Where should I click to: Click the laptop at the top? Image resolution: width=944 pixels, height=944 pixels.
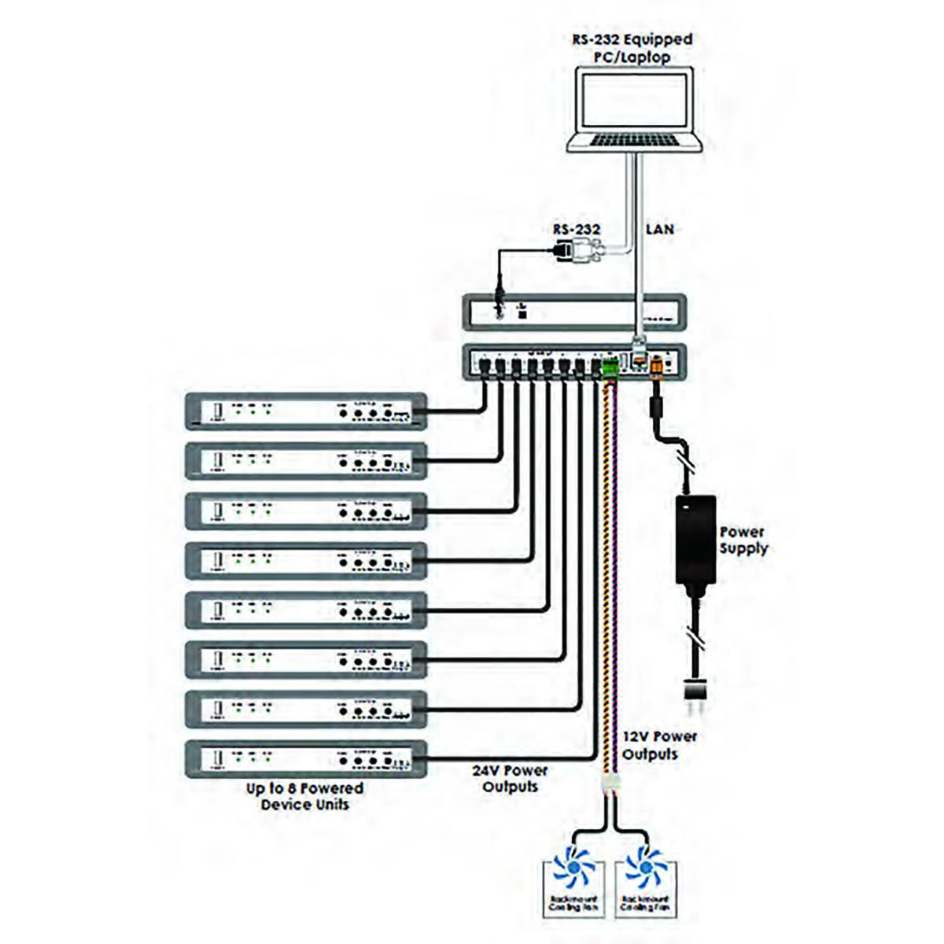click(633, 109)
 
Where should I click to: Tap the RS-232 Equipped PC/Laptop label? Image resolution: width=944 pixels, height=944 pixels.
click(632, 48)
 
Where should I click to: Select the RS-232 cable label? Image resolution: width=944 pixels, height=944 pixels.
click(576, 229)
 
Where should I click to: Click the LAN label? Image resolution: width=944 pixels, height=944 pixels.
click(659, 229)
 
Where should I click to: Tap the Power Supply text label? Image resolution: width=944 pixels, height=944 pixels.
click(743, 540)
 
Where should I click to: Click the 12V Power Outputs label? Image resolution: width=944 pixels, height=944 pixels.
click(658, 745)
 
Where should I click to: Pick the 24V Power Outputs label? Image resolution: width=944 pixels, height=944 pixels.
click(511, 778)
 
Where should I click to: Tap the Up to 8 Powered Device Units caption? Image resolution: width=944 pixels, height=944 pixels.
click(304, 796)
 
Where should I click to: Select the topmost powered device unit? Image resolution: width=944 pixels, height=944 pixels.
click(306, 411)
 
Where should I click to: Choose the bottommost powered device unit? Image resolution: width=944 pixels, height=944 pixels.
click(306, 759)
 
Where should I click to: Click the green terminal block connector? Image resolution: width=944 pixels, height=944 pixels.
click(610, 367)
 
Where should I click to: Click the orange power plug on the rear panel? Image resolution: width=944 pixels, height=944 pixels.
click(655, 367)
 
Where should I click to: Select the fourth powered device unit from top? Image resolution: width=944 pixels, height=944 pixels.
click(306, 561)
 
